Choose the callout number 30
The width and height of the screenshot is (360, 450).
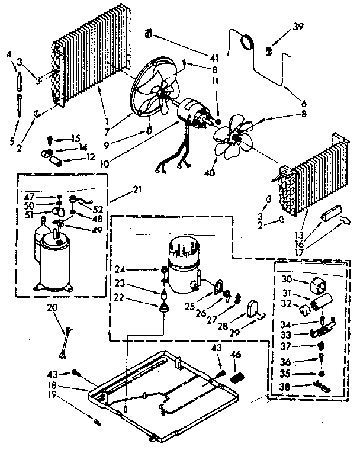[287, 280]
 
